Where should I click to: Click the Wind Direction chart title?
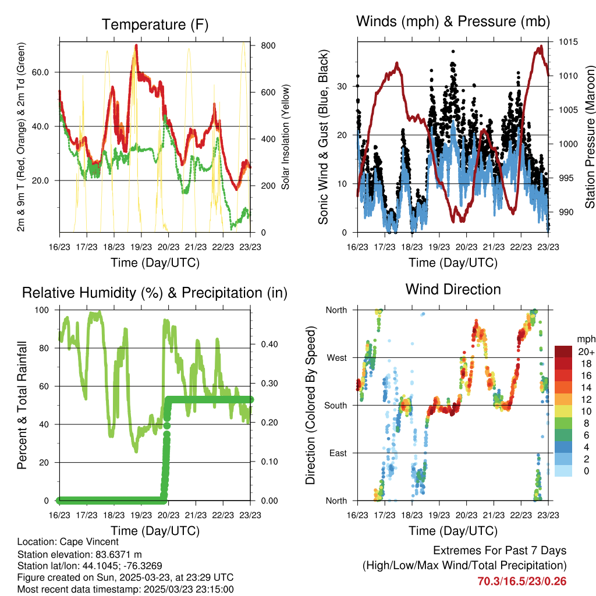coord(453,289)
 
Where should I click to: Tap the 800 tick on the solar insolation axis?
coord(267,45)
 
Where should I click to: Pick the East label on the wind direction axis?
coord(338,453)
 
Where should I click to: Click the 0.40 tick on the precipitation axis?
coord(268,345)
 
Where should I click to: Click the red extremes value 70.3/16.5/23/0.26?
coord(522,581)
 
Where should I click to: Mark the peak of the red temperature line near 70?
coord(136,45)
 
